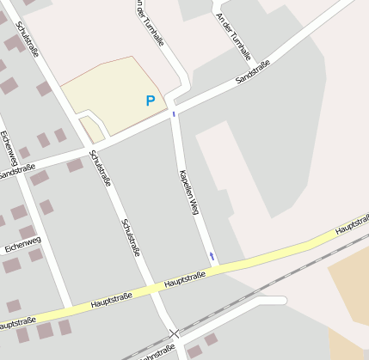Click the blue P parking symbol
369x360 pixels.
[x=151, y=101]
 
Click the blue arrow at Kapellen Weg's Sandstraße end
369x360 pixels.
[x=174, y=113]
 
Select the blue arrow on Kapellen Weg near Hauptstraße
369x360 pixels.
[x=212, y=256]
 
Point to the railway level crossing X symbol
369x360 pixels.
[x=175, y=333]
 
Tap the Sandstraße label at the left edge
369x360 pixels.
[x=16, y=172]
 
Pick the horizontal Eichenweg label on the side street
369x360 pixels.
[x=22, y=246]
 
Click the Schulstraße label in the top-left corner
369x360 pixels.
[x=27, y=39]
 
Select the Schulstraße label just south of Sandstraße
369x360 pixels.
[x=100, y=168]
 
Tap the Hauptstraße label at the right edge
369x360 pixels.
[x=352, y=226]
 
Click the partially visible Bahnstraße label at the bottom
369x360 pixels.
[x=156, y=353]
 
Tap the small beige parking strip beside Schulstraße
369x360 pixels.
[x=92, y=129]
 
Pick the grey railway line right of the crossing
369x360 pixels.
[x=275, y=284]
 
